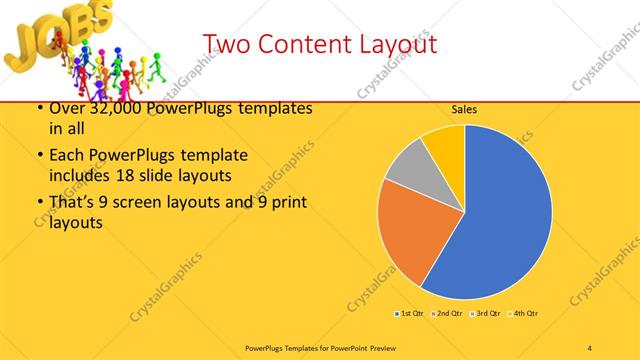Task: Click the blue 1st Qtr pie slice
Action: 500,210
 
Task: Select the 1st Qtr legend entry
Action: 410,314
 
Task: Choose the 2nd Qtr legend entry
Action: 448,314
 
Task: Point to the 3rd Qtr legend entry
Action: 486,314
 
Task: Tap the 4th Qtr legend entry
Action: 525,314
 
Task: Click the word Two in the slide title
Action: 226,45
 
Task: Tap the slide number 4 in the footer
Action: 589,347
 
